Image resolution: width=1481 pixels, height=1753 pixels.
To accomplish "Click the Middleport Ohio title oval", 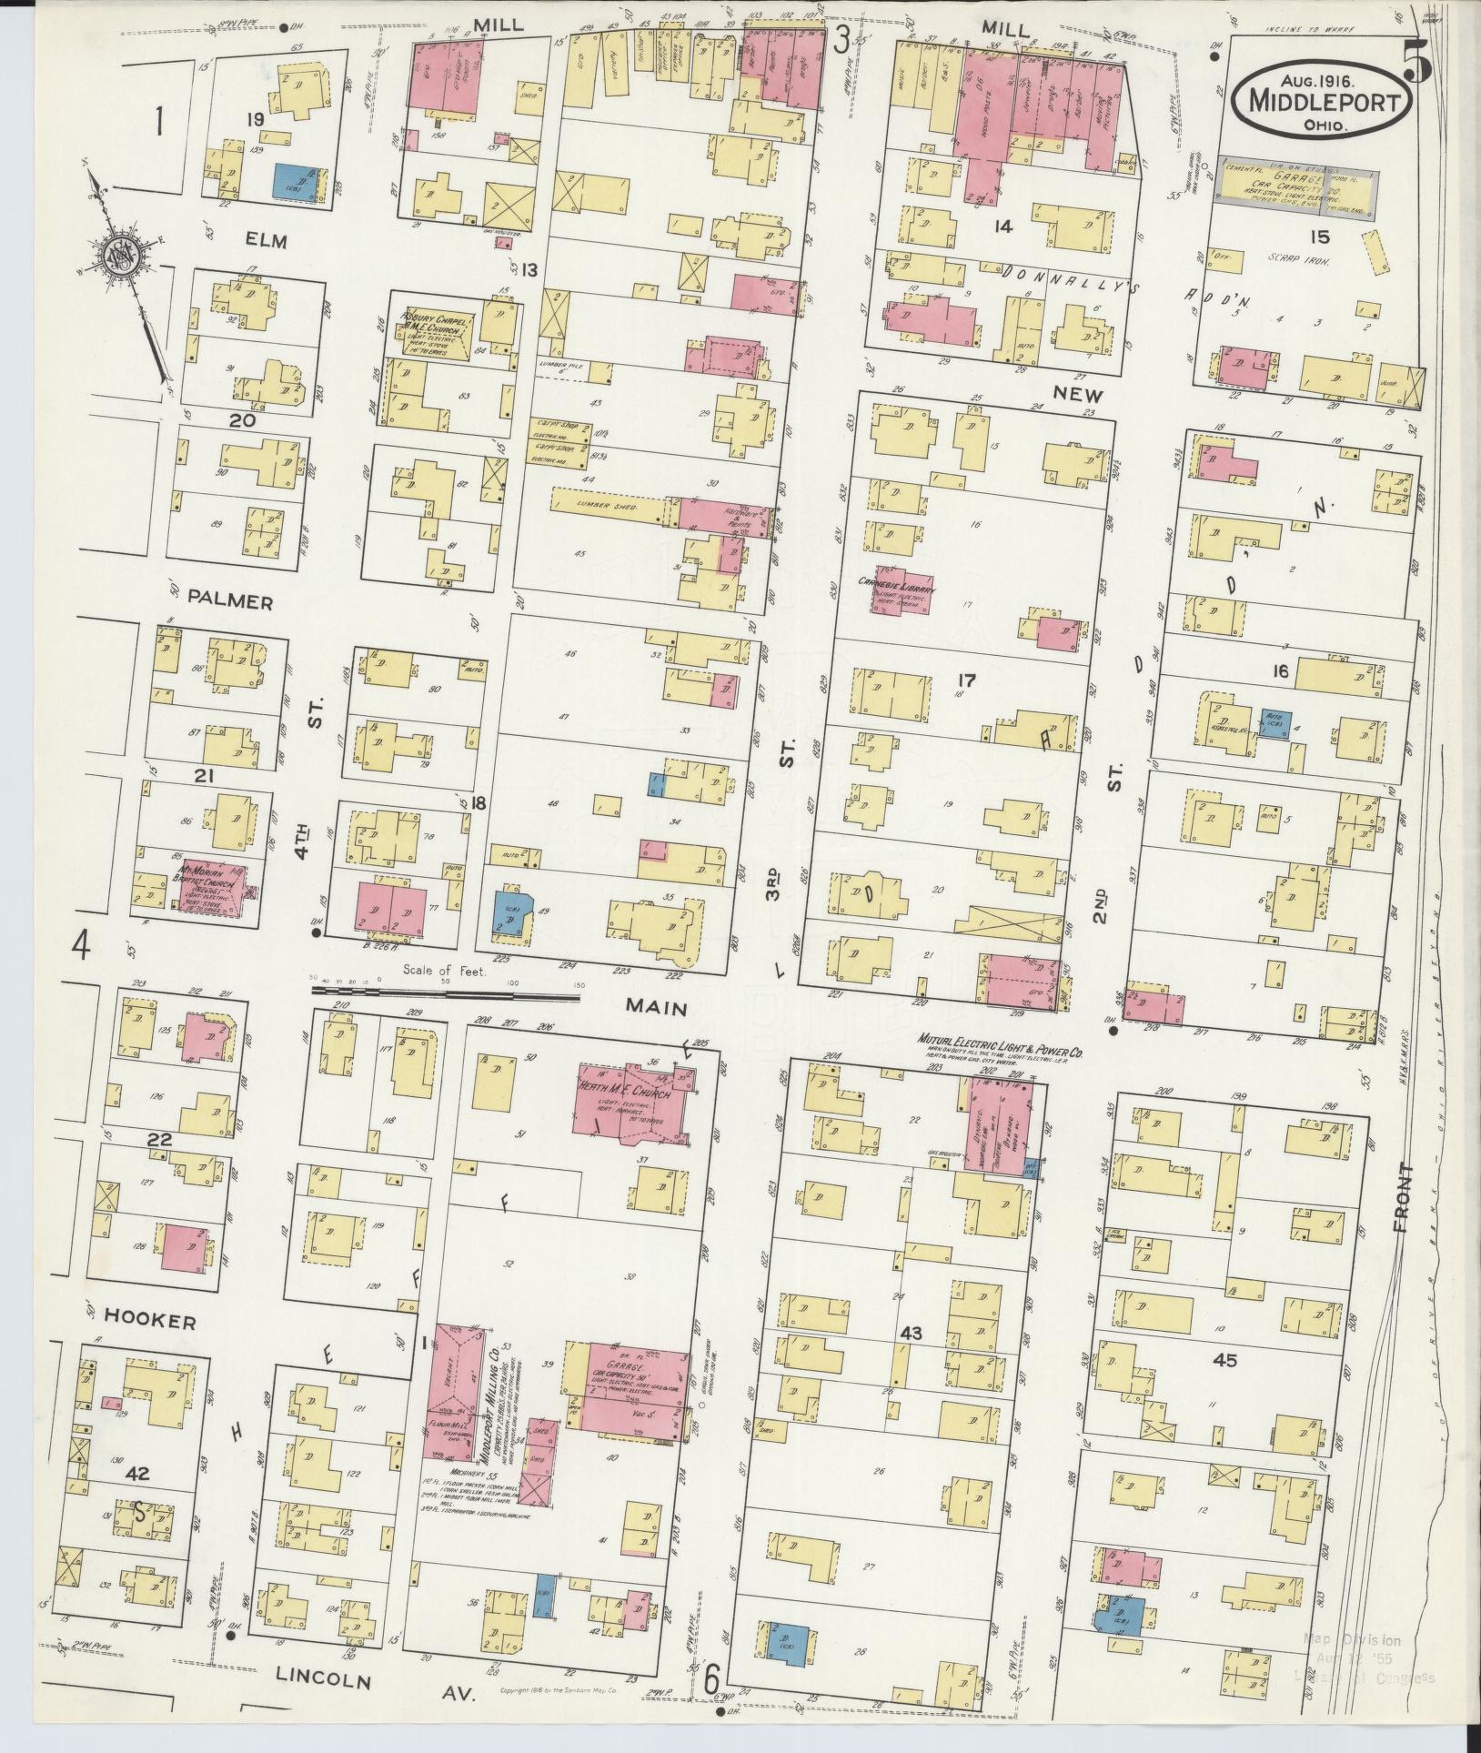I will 1323,100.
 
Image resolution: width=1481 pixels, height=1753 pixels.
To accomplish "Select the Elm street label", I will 265,241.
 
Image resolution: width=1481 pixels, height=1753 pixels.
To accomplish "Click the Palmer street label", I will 231,601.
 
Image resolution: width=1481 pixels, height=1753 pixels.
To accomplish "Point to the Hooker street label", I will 150,1322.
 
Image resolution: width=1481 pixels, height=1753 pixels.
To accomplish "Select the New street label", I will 1078,396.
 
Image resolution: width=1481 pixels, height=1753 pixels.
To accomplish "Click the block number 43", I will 911,1334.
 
